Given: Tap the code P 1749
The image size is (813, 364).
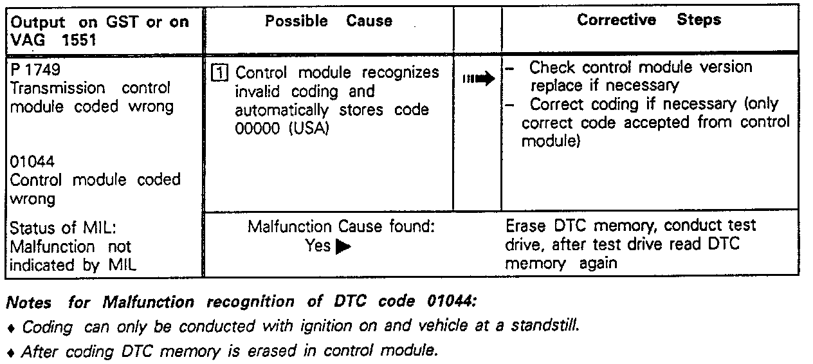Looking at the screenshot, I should (x=35, y=69).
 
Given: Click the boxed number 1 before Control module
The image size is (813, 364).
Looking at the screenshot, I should (x=219, y=73).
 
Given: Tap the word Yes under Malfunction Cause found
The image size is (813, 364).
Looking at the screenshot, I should (x=318, y=246).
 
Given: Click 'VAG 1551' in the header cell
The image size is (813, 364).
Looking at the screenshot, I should (x=52, y=39).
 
